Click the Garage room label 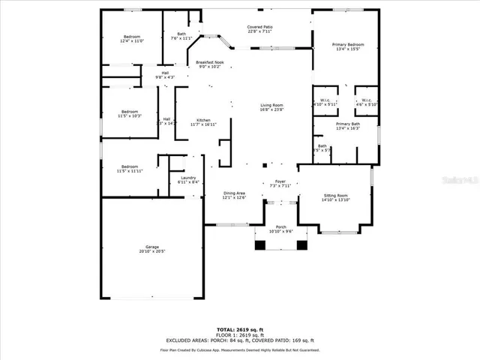click(x=152, y=247)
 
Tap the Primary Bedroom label click(x=348, y=45)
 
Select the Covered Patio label click(x=260, y=27)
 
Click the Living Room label click(x=271, y=104)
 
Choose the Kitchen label click(x=203, y=120)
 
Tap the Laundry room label click(x=188, y=178)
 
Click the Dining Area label click(x=235, y=193)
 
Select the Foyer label click(x=280, y=181)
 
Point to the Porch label click(x=280, y=226)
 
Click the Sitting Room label click(x=335, y=195)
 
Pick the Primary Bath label click(x=347, y=124)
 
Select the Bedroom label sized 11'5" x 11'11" click(x=130, y=166)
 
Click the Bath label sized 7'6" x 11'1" click(x=181, y=34)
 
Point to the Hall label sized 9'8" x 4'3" click(x=165, y=73)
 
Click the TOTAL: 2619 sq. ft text click(x=240, y=329)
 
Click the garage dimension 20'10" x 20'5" click(x=152, y=251)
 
